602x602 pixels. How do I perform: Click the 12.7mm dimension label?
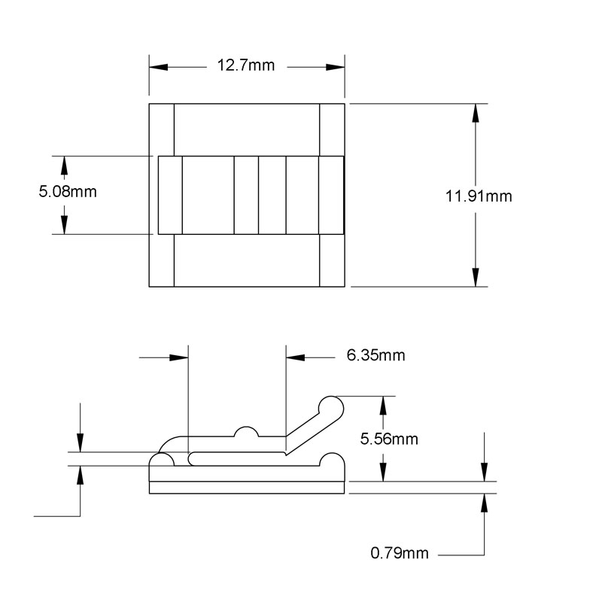[246, 65]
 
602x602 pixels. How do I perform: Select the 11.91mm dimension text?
[478, 196]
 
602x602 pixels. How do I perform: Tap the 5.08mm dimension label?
[68, 192]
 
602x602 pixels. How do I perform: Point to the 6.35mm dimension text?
[375, 355]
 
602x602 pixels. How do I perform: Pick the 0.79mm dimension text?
[400, 554]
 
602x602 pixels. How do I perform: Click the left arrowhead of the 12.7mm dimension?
[156, 66]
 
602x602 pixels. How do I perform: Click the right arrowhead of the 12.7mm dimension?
[337, 66]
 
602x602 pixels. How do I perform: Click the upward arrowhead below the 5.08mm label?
[64, 224]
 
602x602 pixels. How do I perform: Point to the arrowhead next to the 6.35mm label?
[293, 355]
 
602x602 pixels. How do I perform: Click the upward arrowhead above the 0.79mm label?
[483, 503]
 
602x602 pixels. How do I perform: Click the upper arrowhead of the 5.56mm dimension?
[384, 405]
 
